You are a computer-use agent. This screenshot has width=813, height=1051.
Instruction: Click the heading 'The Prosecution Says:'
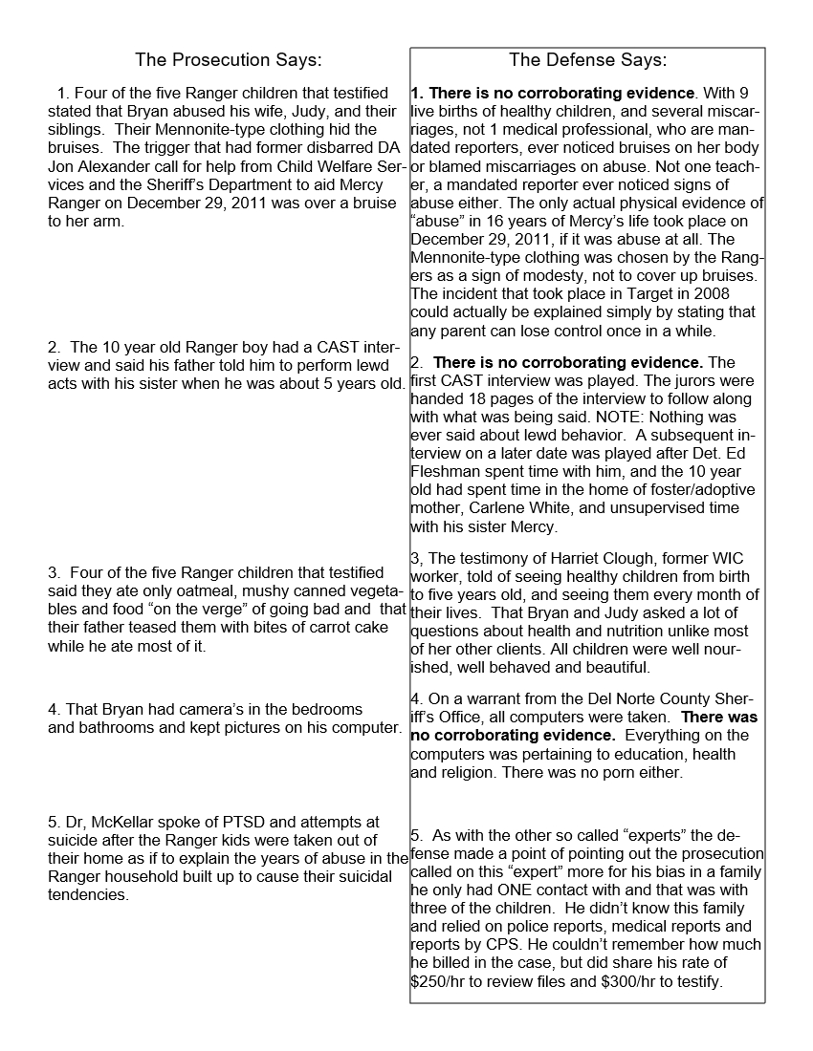pos(228,60)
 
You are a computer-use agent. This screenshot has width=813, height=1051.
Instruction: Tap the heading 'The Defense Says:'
pos(587,60)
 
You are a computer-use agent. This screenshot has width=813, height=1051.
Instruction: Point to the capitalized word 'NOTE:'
pos(612,418)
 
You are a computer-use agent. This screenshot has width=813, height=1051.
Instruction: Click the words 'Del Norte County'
pos(627,698)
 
